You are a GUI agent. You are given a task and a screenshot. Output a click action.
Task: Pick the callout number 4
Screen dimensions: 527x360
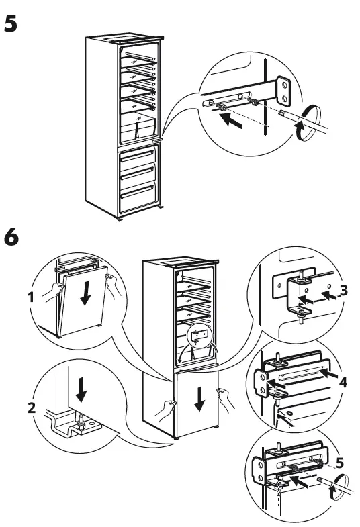(343, 383)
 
